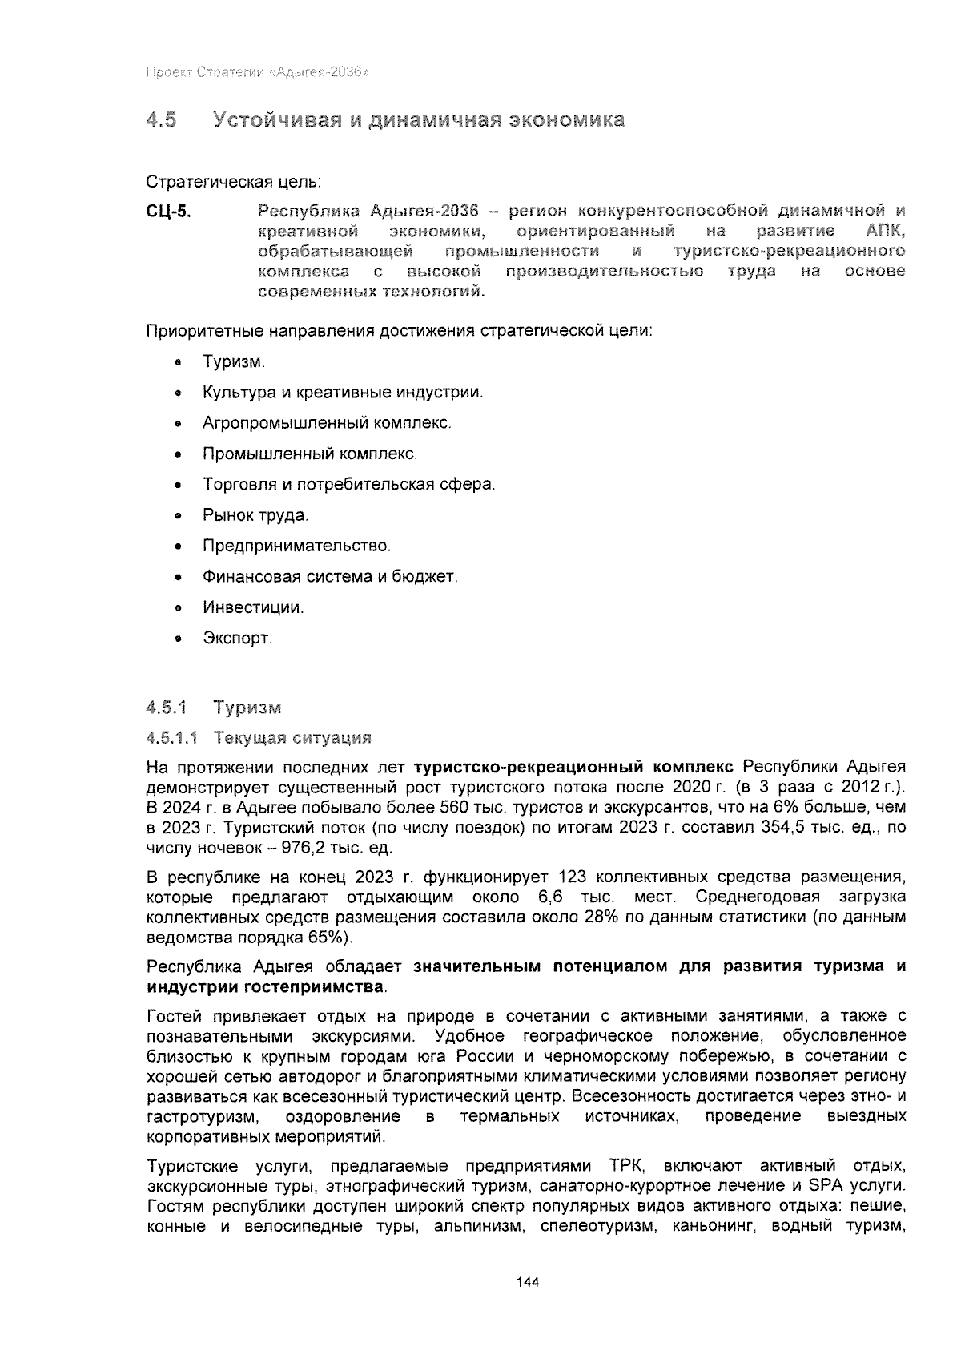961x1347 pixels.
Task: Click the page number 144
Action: [528, 1282]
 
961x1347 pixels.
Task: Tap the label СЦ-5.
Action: [168, 212]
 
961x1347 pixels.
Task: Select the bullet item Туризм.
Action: [233, 362]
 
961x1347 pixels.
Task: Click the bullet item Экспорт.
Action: [237, 639]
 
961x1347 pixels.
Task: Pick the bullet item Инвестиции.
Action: [253, 608]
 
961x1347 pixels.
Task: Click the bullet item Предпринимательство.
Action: [296, 546]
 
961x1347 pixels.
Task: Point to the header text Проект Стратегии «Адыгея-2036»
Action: [256, 72]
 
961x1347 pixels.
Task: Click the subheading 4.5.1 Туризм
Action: [213, 708]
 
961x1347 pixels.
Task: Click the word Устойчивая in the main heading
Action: [273, 121]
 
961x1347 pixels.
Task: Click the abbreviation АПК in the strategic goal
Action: [884, 232]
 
